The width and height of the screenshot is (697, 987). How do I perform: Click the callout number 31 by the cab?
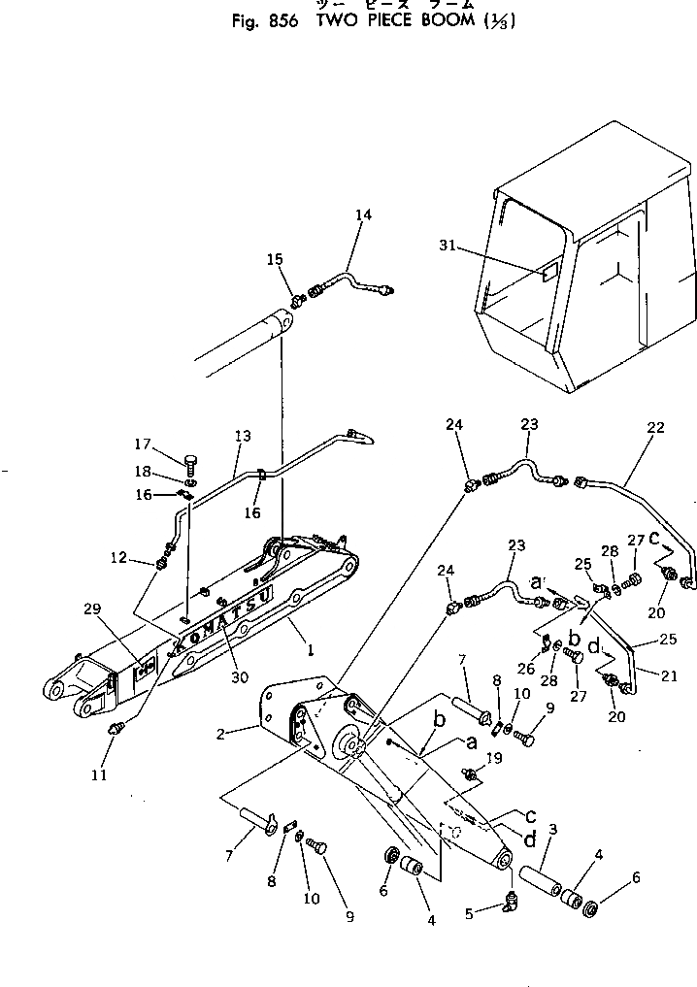[x=448, y=247]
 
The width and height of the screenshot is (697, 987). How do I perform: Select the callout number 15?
[x=276, y=259]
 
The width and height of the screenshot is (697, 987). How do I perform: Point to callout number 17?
[x=143, y=444]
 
